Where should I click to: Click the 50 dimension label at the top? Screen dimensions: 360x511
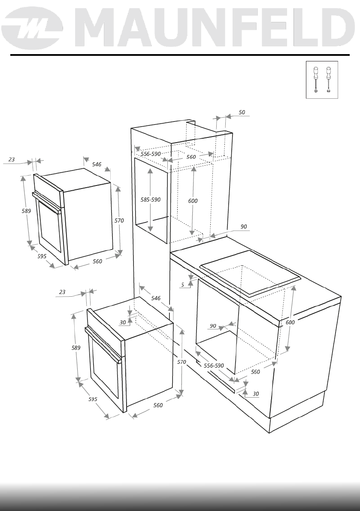[x=242, y=112]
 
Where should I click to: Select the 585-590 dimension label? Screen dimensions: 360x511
[x=151, y=200]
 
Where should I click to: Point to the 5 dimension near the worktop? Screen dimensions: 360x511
[x=183, y=284]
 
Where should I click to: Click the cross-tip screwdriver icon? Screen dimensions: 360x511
[x=316, y=80]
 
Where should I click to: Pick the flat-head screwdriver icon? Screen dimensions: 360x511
[x=329, y=80]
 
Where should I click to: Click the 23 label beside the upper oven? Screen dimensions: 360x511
[x=12, y=159]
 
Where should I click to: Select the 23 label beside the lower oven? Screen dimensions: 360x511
[x=62, y=292]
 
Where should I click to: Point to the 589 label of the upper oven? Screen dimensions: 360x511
[x=26, y=211]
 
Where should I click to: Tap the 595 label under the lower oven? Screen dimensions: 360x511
[x=93, y=399]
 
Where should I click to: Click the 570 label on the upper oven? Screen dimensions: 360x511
[x=119, y=220]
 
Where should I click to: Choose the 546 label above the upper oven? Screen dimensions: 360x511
[x=97, y=164]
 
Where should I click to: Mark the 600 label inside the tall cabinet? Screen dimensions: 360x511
[x=193, y=201]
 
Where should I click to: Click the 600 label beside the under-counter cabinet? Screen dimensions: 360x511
[x=290, y=322]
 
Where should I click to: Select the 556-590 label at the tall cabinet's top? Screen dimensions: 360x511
[x=151, y=154]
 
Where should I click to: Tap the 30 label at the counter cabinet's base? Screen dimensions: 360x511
[x=256, y=393]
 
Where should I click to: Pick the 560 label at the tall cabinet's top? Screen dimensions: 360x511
[x=191, y=157]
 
